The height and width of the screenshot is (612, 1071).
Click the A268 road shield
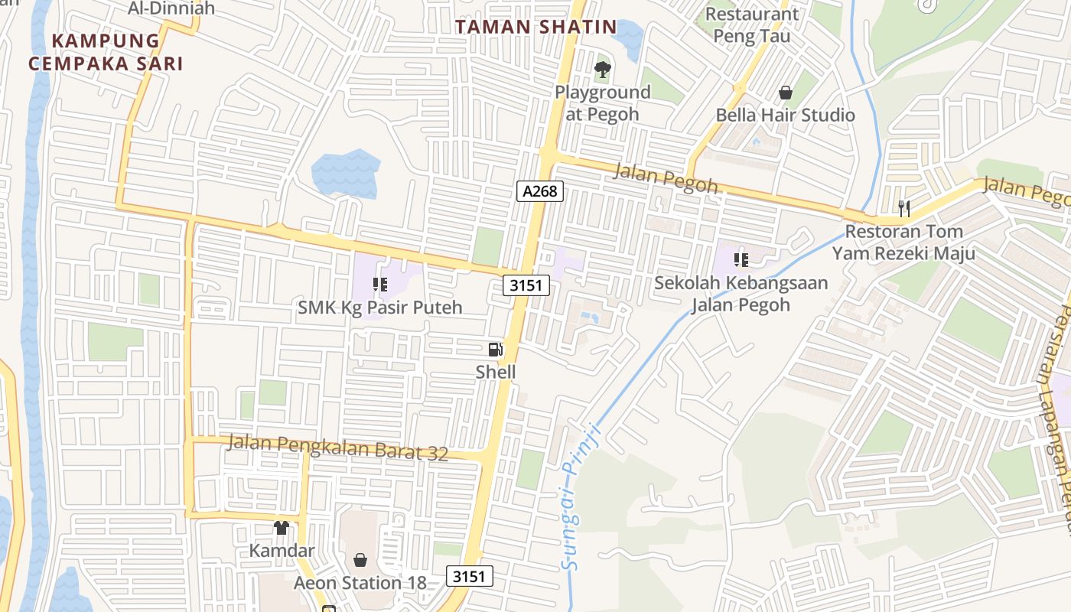click(540, 191)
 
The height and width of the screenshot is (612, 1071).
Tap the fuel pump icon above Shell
click(496, 350)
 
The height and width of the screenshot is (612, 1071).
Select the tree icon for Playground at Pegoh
click(603, 70)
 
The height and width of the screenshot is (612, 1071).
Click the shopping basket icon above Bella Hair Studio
click(786, 93)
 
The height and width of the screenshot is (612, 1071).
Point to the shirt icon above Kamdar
click(282, 528)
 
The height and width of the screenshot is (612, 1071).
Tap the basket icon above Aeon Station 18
click(360, 560)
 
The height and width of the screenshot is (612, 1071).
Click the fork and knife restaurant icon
click(903, 207)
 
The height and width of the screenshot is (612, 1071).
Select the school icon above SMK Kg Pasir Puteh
click(380, 285)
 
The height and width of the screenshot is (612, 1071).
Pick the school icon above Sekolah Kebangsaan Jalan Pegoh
click(741, 260)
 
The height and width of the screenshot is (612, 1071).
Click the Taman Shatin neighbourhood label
click(535, 27)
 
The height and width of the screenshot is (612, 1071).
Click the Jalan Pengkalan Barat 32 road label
click(337, 447)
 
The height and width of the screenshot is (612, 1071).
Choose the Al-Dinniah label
click(172, 8)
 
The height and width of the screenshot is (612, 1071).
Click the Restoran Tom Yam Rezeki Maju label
click(903, 242)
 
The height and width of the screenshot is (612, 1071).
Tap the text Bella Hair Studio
click(786, 116)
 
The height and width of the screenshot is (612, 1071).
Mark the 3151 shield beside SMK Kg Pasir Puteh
click(526, 286)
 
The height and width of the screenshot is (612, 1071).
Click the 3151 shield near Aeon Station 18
click(469, 576)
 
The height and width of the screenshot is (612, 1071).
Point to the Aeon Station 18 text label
click(360, 583)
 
